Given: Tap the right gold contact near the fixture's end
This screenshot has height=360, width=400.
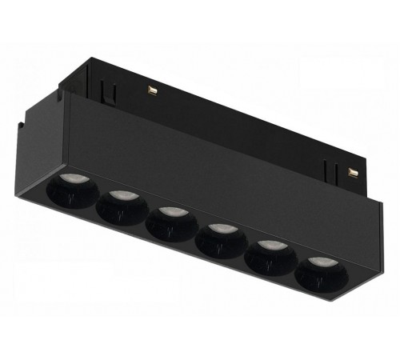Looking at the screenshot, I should [x=352, y=171].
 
